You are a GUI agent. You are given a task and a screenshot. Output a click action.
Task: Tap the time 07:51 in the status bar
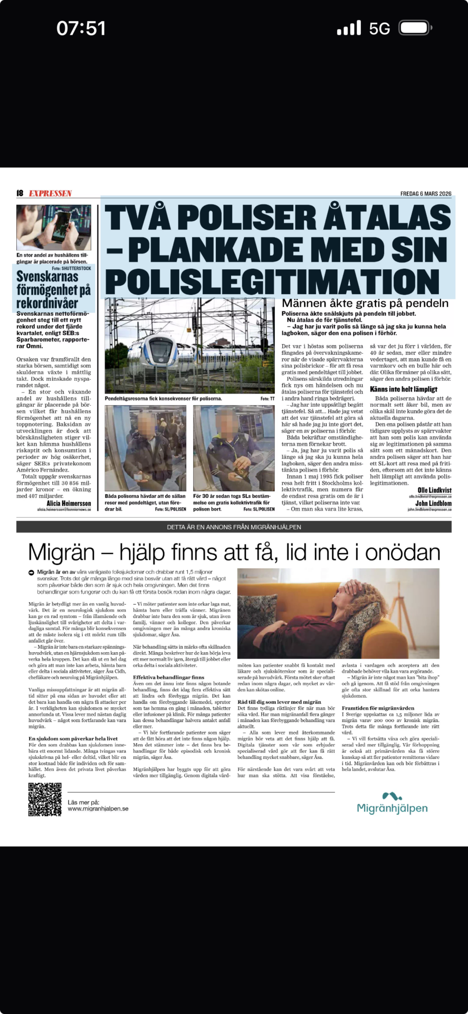coord(81,28)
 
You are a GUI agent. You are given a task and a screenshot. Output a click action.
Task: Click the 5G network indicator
coord(379,29)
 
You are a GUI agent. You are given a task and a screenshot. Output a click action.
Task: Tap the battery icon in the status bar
coord(415,28)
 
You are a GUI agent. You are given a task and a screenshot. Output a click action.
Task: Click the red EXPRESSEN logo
coord(50,193)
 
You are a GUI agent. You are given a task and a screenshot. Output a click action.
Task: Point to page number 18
coord(20,193)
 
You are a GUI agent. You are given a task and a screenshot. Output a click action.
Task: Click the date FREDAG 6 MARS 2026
coord(426,194)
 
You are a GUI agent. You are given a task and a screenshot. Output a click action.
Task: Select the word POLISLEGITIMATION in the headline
coord(273,280)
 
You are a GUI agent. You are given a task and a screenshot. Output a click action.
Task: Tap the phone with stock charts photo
coord(54,228)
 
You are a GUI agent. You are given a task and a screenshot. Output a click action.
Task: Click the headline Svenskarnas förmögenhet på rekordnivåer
coord(53,289)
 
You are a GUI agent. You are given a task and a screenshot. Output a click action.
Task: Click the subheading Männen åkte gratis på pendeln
coord(365,303)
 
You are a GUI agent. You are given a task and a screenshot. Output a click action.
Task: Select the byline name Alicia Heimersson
coord(69,503)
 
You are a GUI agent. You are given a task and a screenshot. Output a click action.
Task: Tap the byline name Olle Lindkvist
coord(434,490)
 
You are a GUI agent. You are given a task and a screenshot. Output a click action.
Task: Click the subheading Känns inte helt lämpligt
coord(403,389)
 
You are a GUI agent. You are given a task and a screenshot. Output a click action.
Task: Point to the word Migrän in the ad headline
coord(61,552)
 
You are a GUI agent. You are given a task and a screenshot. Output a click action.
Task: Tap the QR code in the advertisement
coord(45,800)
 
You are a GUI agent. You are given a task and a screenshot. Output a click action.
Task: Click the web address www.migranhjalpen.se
coord(98,808)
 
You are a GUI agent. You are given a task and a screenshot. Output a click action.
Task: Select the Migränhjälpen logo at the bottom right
coord(392,803)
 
